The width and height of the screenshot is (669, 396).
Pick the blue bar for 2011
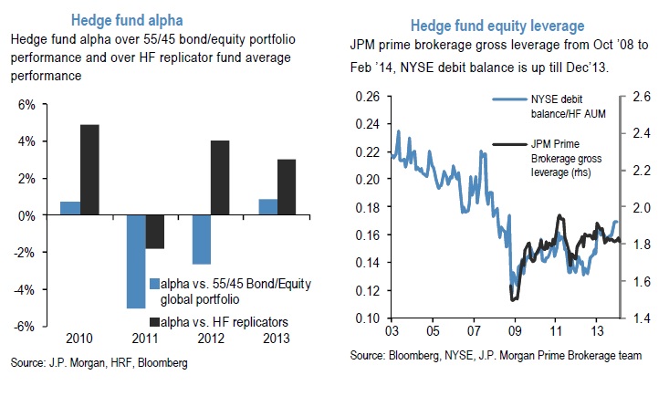pyautogui.click(x=137, y=261)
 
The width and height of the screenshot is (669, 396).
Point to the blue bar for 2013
pyautogui.click(x=268, y=207)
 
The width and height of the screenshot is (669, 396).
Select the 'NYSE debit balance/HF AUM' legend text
pyautogui.click(x=557, y=107)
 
